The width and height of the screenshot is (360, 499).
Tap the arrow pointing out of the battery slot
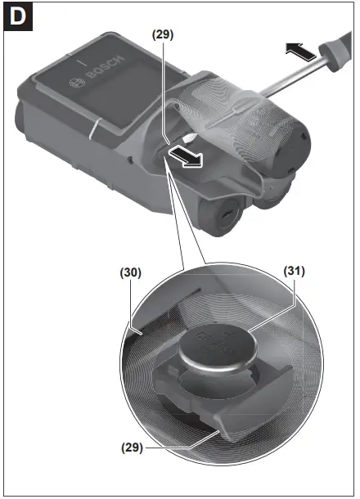point(186,156)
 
